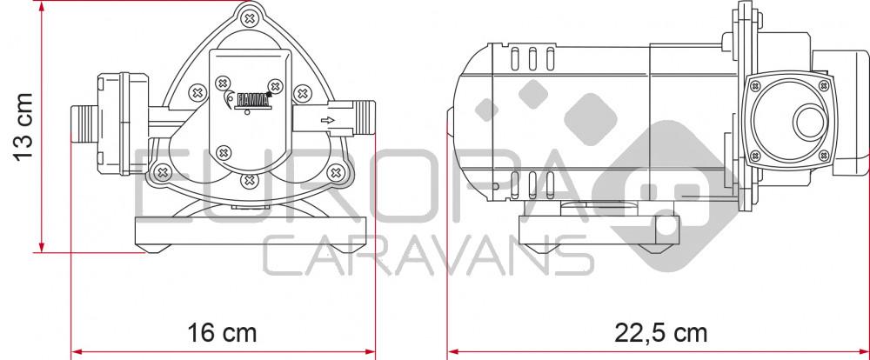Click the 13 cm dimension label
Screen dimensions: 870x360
click(x=23, y=127)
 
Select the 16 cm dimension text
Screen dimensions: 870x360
click(x=222, y=333)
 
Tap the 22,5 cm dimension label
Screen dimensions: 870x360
click(x=661, y=333)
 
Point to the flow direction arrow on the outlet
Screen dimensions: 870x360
click(x=328, y=120)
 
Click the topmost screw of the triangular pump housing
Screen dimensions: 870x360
click(x=250, y=19)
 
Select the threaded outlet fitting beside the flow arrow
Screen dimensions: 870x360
click(x=363, y=118)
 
